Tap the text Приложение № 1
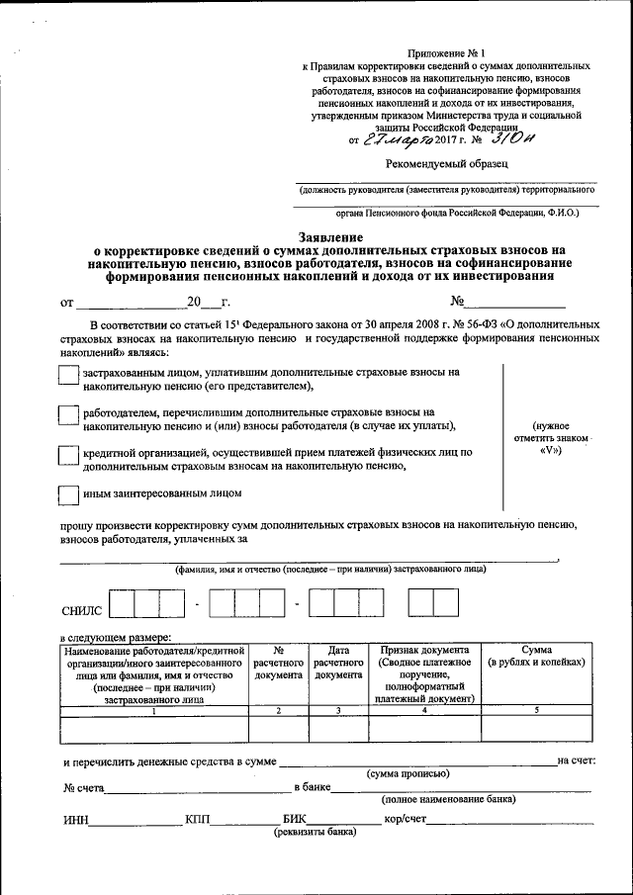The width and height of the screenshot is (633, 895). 442,51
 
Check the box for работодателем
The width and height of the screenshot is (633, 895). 68,416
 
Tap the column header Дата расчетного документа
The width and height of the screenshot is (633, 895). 339,663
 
